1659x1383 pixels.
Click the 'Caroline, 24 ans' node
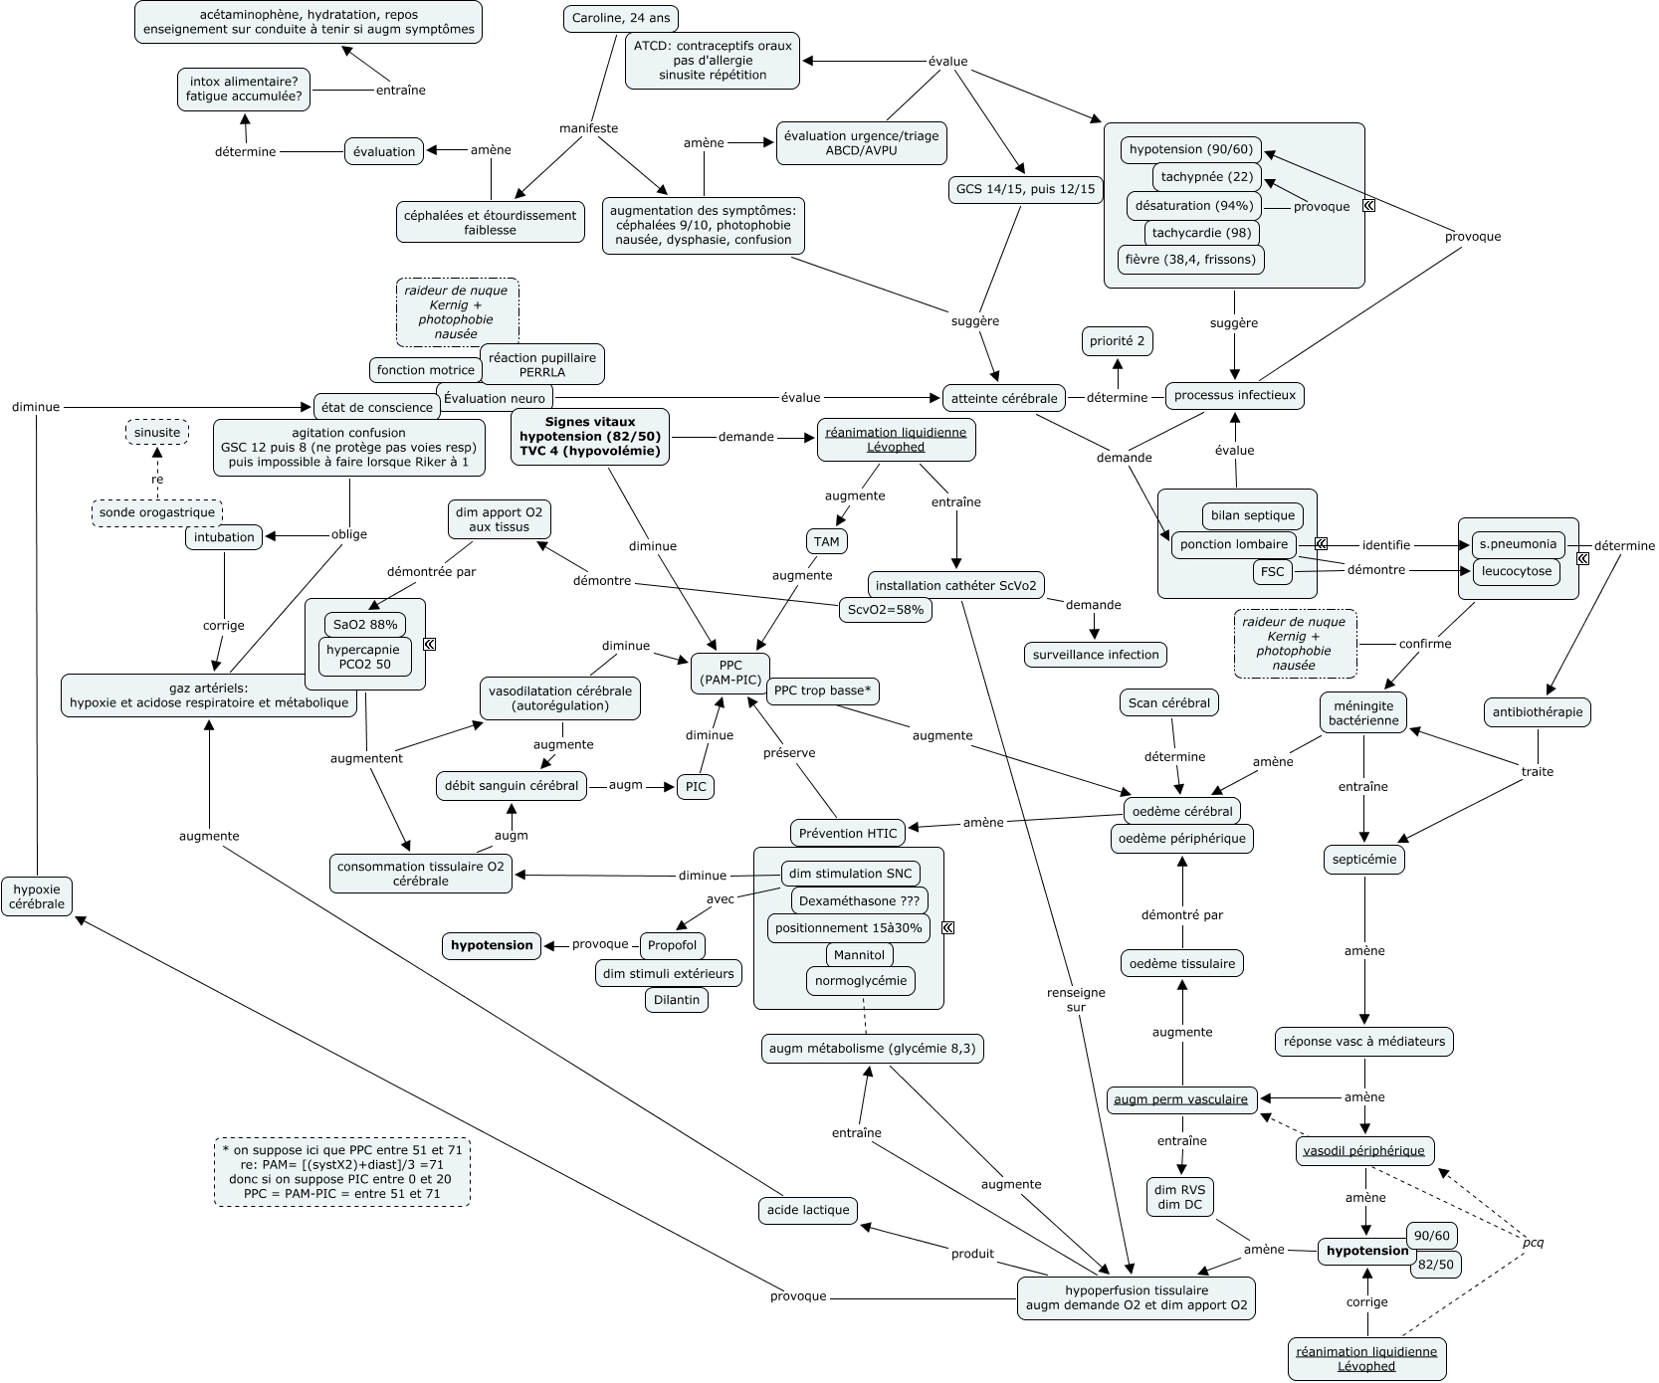(x=620, y=19)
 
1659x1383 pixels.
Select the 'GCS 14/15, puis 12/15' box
(x=1025, y=189)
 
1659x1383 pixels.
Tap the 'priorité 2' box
(x=1117, y=341)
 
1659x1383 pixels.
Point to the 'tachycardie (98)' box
(x=1201, y=234)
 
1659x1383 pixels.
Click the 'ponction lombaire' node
(x=1233, y=544)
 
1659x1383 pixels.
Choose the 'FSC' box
(x=1272, y=572)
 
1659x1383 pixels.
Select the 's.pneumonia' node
(x=1517, y=544)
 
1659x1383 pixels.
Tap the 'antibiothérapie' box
(x=1538, y=712)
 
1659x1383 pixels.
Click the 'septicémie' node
(x=1363, y=859)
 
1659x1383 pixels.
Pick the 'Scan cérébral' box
(x=1168, y=703)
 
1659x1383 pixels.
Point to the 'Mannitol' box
(x=859, y=955)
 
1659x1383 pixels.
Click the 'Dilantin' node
(x=677, y=1000)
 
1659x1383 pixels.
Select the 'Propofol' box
(x=672, y=945)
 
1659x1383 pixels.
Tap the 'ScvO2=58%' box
(x=885, y=610)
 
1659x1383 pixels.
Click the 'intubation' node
(x=224, y=537)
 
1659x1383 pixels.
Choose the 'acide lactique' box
(x=807, y=1210)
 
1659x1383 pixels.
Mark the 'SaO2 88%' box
(x=364, y=625)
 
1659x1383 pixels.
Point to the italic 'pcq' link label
(x=1533, y=1243)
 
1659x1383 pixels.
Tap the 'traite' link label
(x=1537, y=771)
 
